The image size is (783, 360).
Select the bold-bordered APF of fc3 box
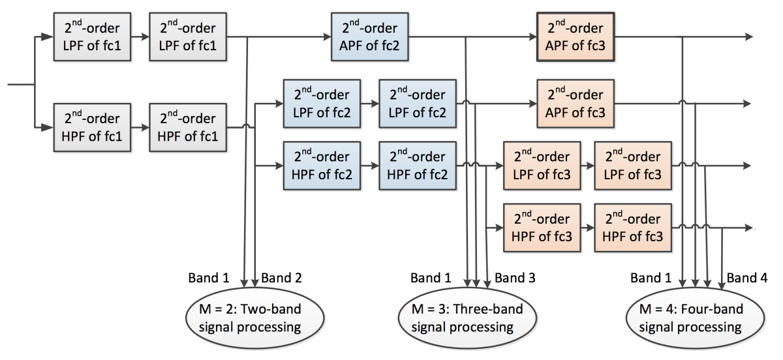click(575, 37)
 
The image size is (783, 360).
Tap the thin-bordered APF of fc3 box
click(575, 103)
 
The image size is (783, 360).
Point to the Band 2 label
click(281, 278)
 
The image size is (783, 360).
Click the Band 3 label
click(515, 278)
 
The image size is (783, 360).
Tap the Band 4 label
click(747, 278)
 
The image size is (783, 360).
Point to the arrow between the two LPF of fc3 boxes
click(587, 166)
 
